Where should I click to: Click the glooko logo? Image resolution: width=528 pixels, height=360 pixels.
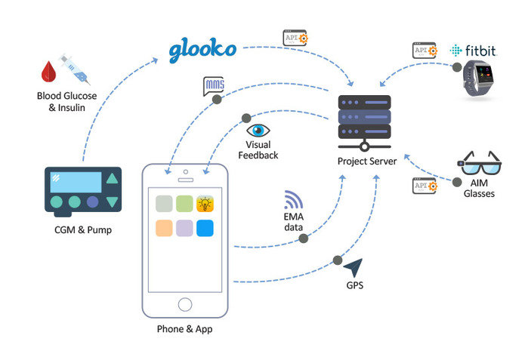click(202, 49)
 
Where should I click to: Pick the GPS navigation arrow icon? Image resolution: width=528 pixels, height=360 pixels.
click(352, 268)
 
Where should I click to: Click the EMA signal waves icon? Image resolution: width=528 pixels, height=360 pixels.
click(293, 199)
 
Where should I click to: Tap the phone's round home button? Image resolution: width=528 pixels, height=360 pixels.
click(184, 304)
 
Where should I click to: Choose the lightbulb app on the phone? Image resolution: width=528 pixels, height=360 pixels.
click(205, 203)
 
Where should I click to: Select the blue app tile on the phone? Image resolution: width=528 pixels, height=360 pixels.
click(205, 229)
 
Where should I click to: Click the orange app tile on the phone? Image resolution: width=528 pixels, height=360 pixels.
click(163, 229)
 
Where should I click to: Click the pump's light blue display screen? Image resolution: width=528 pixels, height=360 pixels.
click(76, 181)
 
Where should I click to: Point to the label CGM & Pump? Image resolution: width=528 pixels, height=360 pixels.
click(84, 229)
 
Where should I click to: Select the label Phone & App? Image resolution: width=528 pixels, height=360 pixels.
click(184, 330)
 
